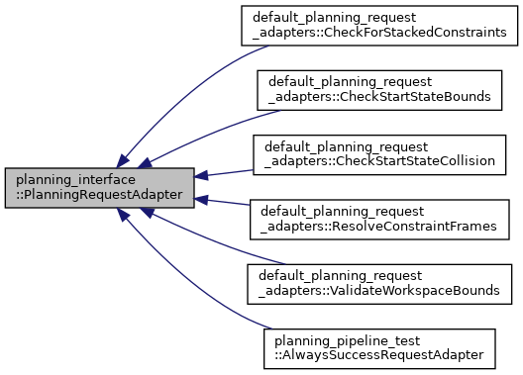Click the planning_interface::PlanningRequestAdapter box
click(x=99, y=187)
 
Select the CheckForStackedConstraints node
click(x=380, y=26)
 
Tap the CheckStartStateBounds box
click(x=380, y=90)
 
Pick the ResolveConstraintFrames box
click(x=380, y=219)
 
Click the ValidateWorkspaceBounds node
click(x=380, y=283)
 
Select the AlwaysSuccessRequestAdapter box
click(x=380, y=347)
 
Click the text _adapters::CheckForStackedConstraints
click(x=380, y=33)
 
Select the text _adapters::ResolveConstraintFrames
click(x=380, y=226)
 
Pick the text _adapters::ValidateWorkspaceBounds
click(x=380, y=290)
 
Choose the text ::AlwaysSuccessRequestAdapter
click(x=380, y=354)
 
